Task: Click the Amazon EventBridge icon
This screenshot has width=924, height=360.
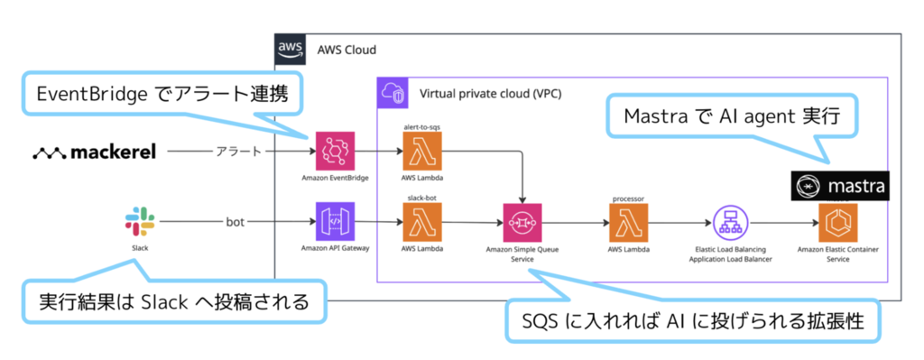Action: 335,151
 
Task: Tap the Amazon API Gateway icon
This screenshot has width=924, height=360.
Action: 335,222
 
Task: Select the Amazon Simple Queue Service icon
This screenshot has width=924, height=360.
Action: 522,223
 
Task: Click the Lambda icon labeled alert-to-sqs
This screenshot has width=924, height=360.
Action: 422,151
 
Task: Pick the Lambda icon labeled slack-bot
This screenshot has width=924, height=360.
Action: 422,222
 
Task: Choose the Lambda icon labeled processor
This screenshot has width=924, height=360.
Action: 629,223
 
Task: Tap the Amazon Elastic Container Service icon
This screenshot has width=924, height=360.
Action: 838,223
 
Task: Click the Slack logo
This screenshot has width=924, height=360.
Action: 140,222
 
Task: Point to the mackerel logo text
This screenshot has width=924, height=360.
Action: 94,153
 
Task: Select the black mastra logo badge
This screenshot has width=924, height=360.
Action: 839,187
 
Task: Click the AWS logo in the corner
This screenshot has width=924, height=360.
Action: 291,49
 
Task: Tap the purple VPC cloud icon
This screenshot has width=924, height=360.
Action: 392,93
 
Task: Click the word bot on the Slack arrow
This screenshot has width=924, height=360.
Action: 236,223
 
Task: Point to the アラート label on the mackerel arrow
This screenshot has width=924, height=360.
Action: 238,152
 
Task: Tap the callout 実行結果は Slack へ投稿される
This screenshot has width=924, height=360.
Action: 174,302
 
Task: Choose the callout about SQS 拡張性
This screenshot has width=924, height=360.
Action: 693,322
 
